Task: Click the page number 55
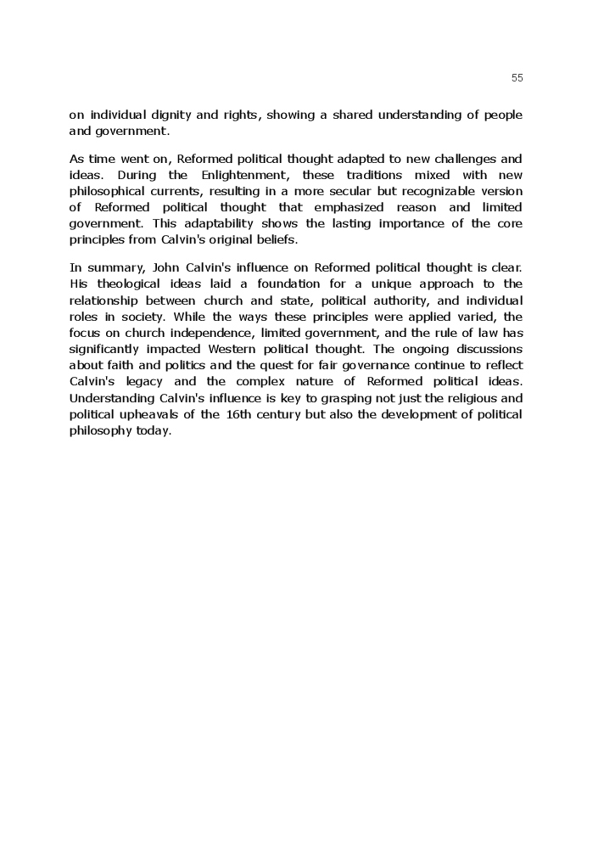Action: [517, 78]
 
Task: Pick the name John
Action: [165, 268]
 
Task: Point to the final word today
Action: [153, 430]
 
